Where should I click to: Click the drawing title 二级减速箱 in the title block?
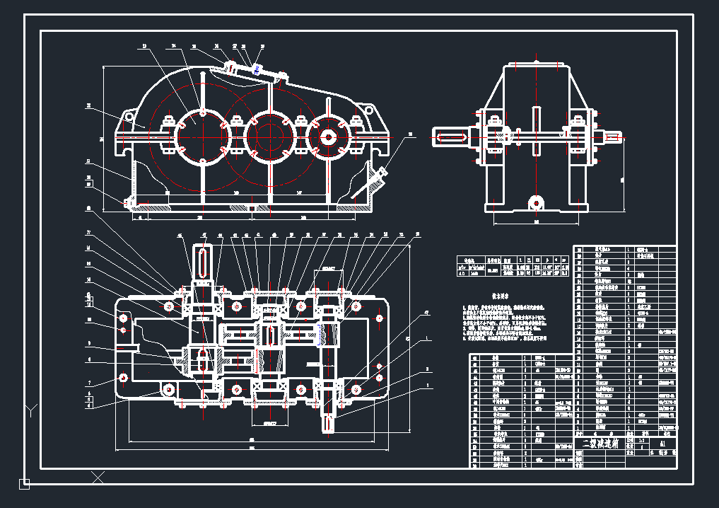pyautogui.click(x=600, y=444)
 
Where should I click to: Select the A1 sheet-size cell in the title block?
pyautogui.click(x=661, y=444)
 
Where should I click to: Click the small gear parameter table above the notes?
pyautogui.click(x=513, y=264)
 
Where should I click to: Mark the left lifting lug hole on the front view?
pyautogui.click(x=128, y=117)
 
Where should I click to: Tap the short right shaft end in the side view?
pyautogui.click(x=613, y=137)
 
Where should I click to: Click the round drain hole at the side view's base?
pyautogui.click(x=536, y=203)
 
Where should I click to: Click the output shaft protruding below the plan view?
pyautogui.click(x=329, y=417)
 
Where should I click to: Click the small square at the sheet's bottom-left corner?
pyautogui.click(x=24, y=484)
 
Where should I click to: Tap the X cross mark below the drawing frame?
pyautogui.click(x=98, y=478)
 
